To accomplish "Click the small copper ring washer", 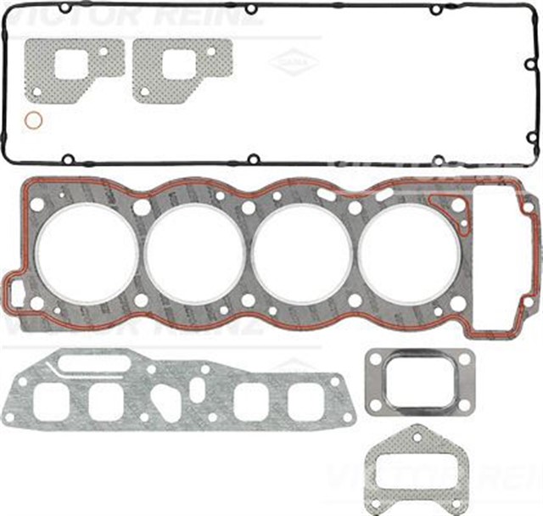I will [x=33, y=121].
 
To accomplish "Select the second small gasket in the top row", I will [x=182, y=65].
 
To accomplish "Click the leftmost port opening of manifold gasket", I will [x=51, y=401].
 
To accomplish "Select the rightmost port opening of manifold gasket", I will [x=305, y=401].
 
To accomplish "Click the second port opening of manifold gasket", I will [x=106, y=401].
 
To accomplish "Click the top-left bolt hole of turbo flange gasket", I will [x=374, y=356].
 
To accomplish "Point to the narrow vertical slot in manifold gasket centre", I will [x=198, y=391].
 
